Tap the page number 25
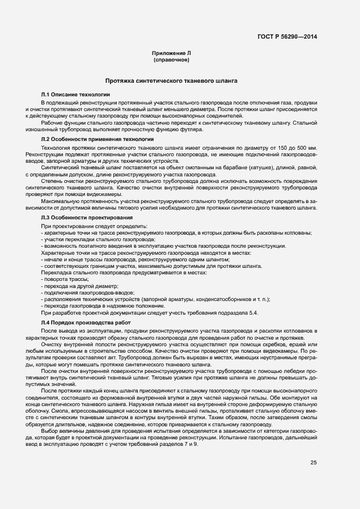[314, 463]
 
